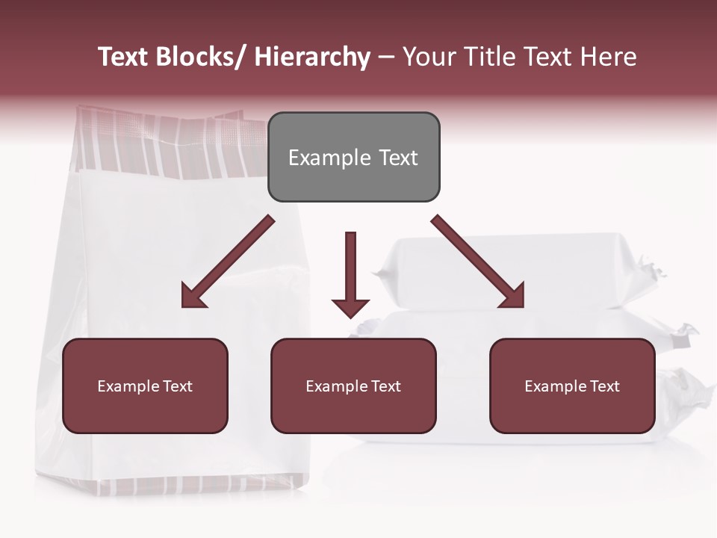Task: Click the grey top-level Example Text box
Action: point(353,157)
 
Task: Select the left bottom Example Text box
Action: point(145,386)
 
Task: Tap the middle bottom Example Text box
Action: point(353,386)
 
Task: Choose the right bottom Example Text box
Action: point(572,386)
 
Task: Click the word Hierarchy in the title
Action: point(312,57)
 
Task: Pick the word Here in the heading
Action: point(610,57)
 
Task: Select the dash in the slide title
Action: point(386,58)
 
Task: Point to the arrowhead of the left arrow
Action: point(193,296)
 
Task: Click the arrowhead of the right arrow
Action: point(512,296)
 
